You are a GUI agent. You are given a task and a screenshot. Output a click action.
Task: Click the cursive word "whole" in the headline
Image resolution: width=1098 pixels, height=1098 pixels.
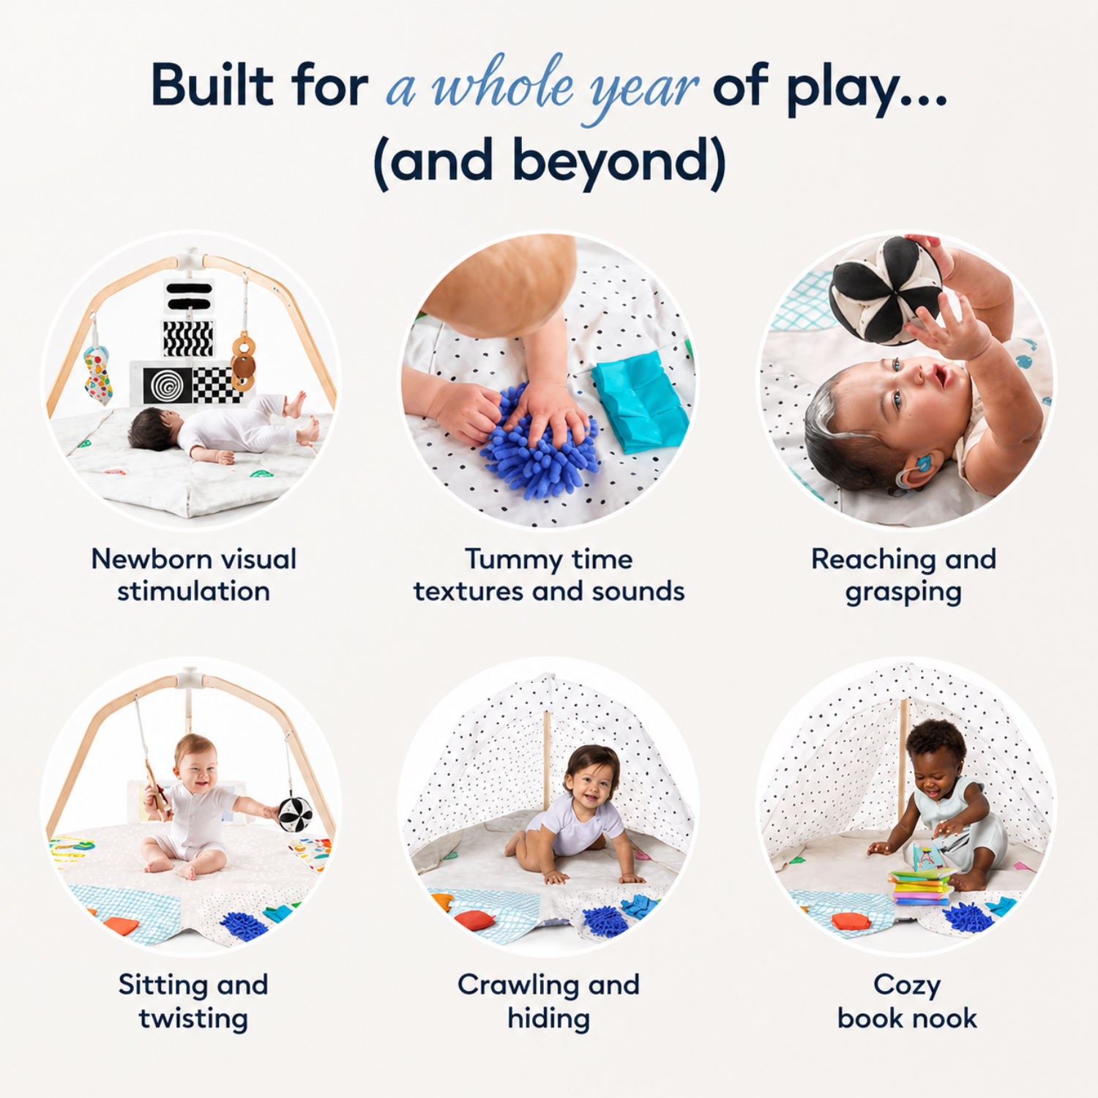coord(504,86)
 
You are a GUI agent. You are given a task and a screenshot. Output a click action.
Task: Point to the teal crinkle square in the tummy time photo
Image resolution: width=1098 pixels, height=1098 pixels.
coord(640,402)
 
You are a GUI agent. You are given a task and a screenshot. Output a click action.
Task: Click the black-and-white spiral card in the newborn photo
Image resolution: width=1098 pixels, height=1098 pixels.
coord(168,384)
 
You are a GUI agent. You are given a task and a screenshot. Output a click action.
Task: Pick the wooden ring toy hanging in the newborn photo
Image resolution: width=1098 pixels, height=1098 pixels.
coord(243,362)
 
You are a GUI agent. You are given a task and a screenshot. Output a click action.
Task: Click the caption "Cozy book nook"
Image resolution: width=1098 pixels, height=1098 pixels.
coord(907,1001)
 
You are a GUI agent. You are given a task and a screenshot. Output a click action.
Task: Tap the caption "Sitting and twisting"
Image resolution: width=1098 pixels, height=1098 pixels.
coord(193,1002)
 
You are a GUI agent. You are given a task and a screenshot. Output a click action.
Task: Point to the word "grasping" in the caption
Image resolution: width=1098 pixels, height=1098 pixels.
coord(903,593)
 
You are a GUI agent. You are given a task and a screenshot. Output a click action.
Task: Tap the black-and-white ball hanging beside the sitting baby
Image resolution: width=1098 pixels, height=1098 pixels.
coord(295,814)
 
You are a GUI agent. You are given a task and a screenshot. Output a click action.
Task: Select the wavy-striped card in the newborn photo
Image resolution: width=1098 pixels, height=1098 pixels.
coord(187,339)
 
